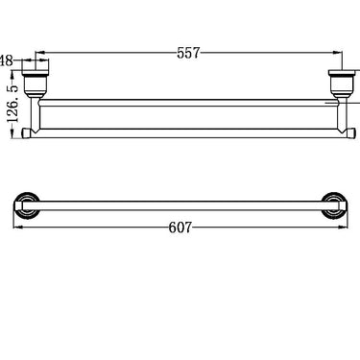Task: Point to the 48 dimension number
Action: coord(8,61)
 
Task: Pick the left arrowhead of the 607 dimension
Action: coord(19,228)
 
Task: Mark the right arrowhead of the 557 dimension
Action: coord(338,55)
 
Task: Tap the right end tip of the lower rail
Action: coord(347,132)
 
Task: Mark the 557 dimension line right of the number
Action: coord(269,55)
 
